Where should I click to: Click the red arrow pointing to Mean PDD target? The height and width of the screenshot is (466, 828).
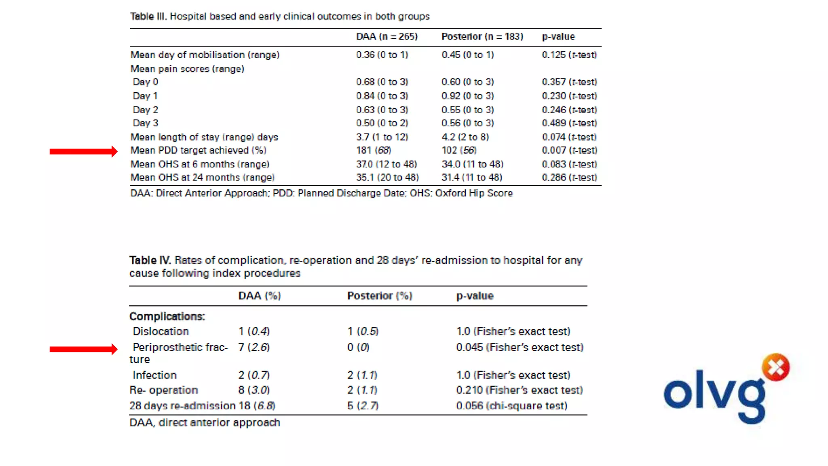pyautogui.click(x=83, y=151)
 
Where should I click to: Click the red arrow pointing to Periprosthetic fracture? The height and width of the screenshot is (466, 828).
pyautogui.click(x=83, y=349)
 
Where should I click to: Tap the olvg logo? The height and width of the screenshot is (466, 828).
pyautogui.click(x=726, y=390)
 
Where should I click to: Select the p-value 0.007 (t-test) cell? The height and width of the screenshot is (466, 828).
pyautogui.click(x=569, y=150)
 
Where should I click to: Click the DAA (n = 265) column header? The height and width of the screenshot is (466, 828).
pyautogui.click(x=387, y=36)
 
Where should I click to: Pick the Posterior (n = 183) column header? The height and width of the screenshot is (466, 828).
pyautogui.click(x=482, y=36)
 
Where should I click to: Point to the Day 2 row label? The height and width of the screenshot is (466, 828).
pyautogui.click(x=146, y=110)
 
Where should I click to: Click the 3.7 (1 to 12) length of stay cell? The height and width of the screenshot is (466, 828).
pyautogui.click(x=382, y=137)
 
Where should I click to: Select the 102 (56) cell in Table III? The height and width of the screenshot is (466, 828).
pyautogui.click(x=459, y=150)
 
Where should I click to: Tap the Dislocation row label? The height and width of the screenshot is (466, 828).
pyautogui.click(x=161, y=332)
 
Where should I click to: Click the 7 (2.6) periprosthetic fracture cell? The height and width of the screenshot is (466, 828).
pyautogui.click(x=253, y=347)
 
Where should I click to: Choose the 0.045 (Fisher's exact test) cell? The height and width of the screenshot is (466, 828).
pyautogui.click(x=520, y=347)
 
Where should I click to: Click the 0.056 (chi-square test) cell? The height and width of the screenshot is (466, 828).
pyautogui.click(x=511, y=406)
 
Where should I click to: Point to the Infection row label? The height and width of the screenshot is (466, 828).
pyautogui.click(x=154, y=375)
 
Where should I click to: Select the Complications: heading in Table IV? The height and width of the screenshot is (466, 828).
pyautogui.click(x=167, y=316)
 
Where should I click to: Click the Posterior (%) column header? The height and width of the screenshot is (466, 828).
pyautogui.click(x=380, y=296)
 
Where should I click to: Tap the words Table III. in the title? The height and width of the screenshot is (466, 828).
pyautogui.click(x=148, y=16)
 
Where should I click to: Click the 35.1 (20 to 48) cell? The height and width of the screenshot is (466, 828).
pyautogui.click(x=387, y=177)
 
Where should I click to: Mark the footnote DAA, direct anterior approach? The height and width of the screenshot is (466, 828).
pyautogui.click(x=205, y=423)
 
